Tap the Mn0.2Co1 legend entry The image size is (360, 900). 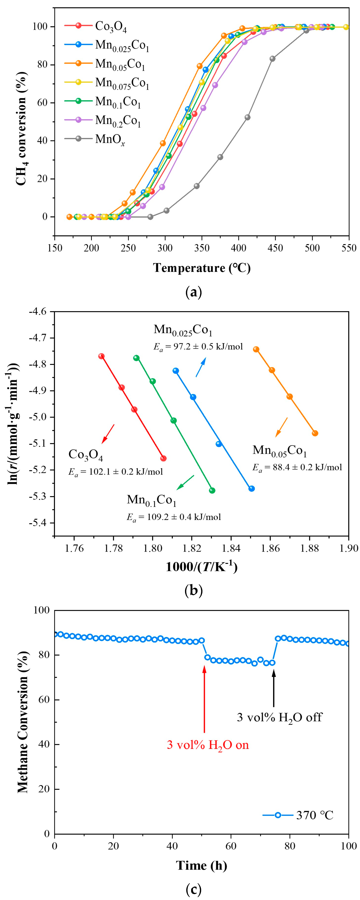point(118,121)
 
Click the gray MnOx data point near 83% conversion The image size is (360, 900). point(272,59)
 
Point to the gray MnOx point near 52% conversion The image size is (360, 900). point(247,117)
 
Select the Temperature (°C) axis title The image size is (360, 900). point(202,268)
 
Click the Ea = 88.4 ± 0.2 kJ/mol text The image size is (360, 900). point(297,467)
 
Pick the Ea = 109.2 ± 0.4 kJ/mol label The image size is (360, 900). point(174,517)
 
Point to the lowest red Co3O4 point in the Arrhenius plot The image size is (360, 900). point(163,458)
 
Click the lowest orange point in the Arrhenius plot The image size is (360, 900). point(315,433)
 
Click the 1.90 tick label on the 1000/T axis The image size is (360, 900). point(349,548)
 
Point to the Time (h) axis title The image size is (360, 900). point(201,865)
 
